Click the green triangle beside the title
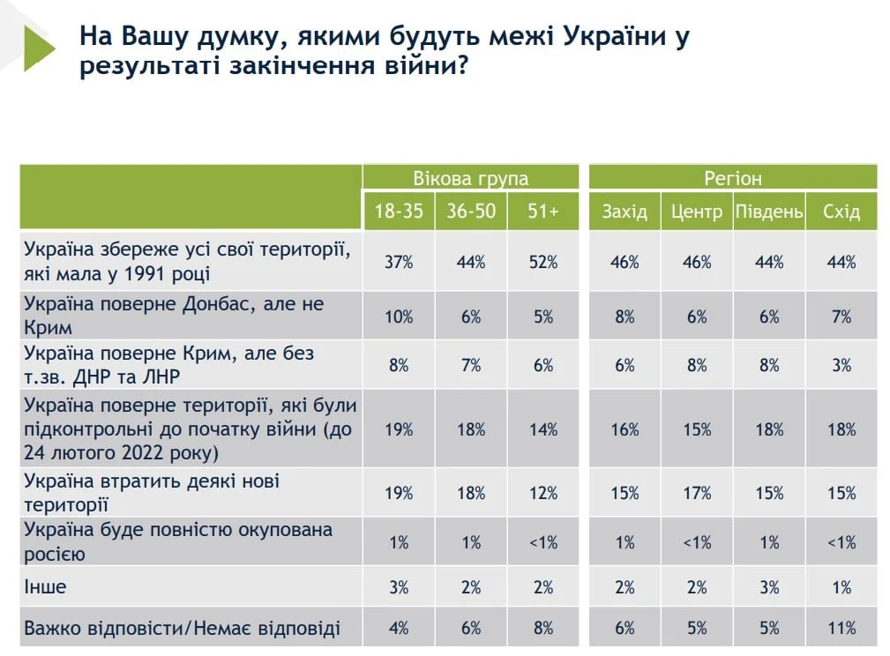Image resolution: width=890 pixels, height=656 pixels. [38, 48]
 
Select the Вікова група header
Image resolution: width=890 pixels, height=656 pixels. [470, 178]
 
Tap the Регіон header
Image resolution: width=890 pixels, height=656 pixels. [732, 178]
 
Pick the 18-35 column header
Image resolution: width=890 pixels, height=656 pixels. [398, 212]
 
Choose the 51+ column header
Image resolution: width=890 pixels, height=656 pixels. [542, 212]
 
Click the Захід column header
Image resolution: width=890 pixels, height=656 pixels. [624, 212]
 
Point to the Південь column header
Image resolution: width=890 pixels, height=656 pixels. [768, 212]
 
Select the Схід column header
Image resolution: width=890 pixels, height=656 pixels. [841, 212]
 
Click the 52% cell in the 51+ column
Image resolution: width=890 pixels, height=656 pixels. [543, 262]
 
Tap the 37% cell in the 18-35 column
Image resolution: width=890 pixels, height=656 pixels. [399, 262]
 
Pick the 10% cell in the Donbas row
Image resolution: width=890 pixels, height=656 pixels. [399, 317]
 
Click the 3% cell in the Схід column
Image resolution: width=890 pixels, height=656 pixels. [841, 365]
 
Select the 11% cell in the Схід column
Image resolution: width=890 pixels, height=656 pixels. [841, 628]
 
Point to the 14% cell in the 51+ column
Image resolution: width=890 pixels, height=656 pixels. [543, 429]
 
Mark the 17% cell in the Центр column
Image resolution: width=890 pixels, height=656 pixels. [696, 493]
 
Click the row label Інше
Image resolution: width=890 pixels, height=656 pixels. [45, 586]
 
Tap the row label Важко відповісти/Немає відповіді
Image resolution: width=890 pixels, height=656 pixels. [182, 629]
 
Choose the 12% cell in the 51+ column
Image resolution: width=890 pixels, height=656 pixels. [543, 493]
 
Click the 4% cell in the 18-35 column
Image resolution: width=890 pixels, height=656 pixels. [399, 628]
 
